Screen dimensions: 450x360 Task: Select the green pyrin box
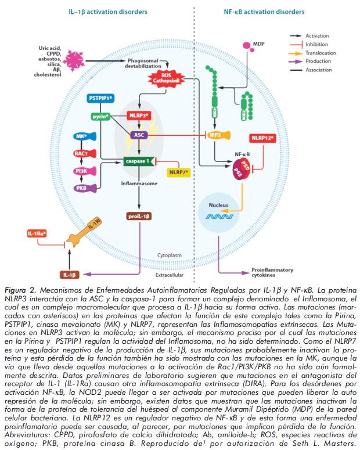pos(101,116)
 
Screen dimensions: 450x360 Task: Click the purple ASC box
pos(139,135)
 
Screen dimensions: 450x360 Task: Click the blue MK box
pos(81,137)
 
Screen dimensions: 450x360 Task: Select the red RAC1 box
pos(81,153)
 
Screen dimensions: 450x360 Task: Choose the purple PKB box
pos(81,188)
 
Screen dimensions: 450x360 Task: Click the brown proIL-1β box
pos(139,217)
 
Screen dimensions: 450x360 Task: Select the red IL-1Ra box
pos(36,233)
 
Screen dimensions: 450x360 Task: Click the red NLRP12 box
pos(263,138)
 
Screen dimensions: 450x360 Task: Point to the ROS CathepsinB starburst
pos(172,78)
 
